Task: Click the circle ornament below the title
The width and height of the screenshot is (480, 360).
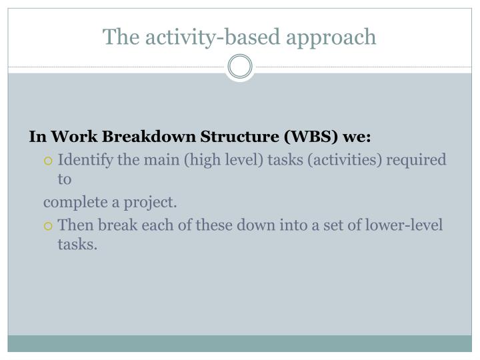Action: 240,67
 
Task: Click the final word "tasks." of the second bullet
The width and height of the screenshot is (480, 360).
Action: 77,245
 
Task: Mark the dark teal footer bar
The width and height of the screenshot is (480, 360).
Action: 240,343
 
